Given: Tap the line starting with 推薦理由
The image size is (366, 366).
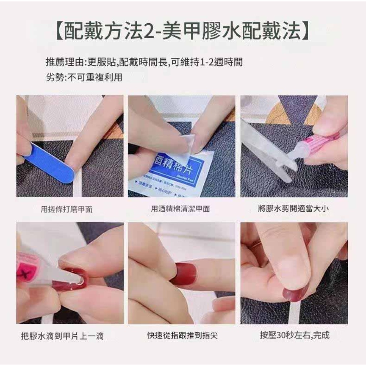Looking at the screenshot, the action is [x=144, y=62].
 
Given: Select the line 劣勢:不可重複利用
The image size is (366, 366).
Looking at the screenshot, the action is [x=84, y=77].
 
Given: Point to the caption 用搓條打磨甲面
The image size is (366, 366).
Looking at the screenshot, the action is [x=66, y=209].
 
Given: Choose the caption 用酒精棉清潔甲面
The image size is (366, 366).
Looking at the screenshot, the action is [x=180, y=209].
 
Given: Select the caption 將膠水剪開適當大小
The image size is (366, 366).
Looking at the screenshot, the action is [x=293, y=208].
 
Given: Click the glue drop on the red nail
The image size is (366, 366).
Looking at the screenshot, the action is [x=79, y=283].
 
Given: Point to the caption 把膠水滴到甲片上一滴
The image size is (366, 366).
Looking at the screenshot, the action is [x=62, y=336].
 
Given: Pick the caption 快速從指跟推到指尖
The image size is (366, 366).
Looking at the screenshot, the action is [x=183, y=335].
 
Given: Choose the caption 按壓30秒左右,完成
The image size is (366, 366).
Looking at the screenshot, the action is [x=295, y=335].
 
